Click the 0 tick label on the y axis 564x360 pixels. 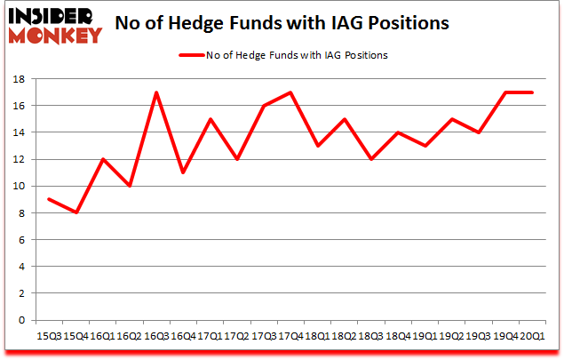[20, 320]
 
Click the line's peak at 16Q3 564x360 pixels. [156, 92]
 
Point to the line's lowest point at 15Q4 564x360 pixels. [76, 212]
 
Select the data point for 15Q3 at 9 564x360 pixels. [50, 199]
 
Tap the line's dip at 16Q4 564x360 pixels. [183, 172]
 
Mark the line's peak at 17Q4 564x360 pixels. [290, 92]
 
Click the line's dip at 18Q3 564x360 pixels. [369, 159]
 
